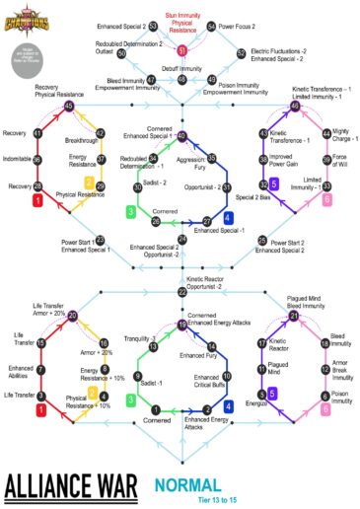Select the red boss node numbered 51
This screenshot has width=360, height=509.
181,49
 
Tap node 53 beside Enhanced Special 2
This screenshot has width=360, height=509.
154,27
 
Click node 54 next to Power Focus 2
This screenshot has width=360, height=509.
210,27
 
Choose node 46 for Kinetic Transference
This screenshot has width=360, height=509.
295,106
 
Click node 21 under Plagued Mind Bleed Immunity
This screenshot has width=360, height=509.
294,316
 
